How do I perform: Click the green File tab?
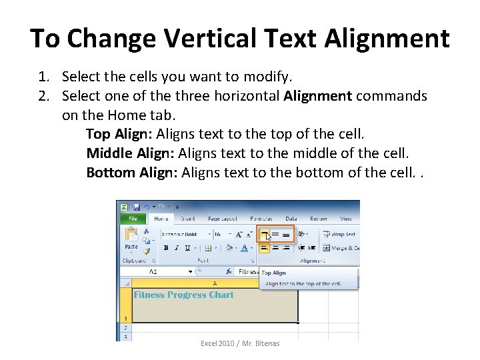[132, 219]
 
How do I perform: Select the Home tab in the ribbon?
[161, 219]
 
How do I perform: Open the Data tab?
[291, 219]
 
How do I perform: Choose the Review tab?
[319, 219]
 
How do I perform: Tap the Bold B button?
[165, 247]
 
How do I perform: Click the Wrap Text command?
[340, 234]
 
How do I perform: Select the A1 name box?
[153, 272]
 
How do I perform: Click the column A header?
[214, 283]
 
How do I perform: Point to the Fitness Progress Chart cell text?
[184, 295]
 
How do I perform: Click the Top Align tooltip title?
[273, 273]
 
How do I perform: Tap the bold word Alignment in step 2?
[317, 95]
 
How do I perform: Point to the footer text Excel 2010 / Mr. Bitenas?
[240, 343]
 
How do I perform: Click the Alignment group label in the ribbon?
[312, 261]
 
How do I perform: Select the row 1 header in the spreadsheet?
[124, 319]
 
